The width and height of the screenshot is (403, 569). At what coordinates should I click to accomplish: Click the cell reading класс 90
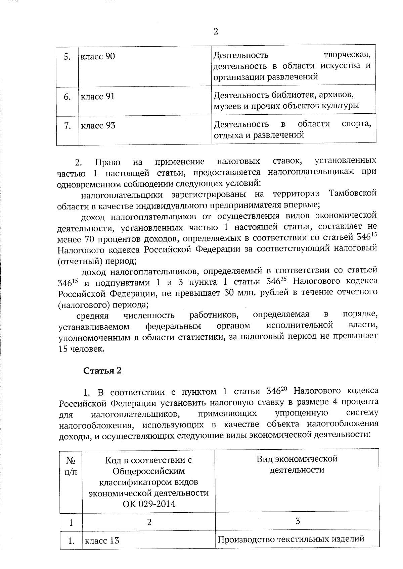[x=98, y=56]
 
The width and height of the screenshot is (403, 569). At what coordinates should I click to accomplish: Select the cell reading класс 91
[x=98, y=97]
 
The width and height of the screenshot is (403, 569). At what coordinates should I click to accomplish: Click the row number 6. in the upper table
[x=67, y=97]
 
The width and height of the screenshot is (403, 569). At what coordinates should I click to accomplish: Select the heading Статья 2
[x=102, y=371]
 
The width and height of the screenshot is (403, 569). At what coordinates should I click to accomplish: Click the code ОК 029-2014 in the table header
[x=149, y=504]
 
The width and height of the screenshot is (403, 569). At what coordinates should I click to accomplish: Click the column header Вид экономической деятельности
[x=297, y=464]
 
